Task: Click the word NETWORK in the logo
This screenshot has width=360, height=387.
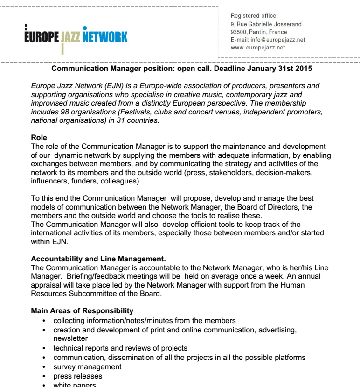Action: [x=105, y=36]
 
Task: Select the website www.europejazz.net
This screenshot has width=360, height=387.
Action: [x=258, y=48]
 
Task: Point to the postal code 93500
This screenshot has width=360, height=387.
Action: [x=239, y=32]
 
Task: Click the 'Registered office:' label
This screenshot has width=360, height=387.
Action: [x=254, y=16]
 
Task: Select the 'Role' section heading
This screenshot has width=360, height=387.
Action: [x=39, y=138]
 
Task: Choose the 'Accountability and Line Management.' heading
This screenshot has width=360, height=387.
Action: [x=98, y=259]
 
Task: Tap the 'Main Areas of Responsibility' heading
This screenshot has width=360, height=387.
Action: [x=82, y=311]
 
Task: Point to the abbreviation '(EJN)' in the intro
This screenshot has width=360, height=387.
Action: [x=107, y=86]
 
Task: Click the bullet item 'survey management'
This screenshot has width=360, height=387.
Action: [x=87, y=367]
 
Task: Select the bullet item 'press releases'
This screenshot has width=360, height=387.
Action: [x=78, y=376]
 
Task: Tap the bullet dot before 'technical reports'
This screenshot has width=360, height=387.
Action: [x=44, y=348]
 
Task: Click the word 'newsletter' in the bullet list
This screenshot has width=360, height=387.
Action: [x=70, y=338]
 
